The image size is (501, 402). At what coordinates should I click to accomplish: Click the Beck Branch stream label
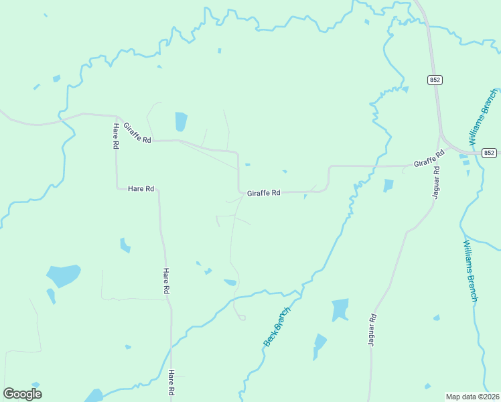277,327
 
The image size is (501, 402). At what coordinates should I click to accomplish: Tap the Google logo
22,394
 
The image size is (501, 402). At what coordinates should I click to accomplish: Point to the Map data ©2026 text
473,396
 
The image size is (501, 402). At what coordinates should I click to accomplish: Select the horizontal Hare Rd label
141,189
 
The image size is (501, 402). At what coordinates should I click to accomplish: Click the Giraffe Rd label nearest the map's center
263,193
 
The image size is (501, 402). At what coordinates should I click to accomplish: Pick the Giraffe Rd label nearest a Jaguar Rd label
429,159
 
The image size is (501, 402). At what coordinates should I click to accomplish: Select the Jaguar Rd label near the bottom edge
372,330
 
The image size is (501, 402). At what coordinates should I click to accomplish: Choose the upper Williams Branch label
484,117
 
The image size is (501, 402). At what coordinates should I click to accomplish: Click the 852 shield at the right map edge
490,153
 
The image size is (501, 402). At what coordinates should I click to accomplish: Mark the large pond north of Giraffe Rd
181,121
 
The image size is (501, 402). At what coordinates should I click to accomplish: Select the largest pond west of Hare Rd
63,275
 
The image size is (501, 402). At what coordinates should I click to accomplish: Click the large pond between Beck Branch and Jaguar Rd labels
340,310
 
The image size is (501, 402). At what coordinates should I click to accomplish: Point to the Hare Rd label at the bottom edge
172,383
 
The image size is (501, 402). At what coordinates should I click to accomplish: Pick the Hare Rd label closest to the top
116,136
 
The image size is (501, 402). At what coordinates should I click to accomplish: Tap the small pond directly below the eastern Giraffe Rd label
388,185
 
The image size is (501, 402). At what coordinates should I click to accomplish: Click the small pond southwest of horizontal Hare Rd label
125,245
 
